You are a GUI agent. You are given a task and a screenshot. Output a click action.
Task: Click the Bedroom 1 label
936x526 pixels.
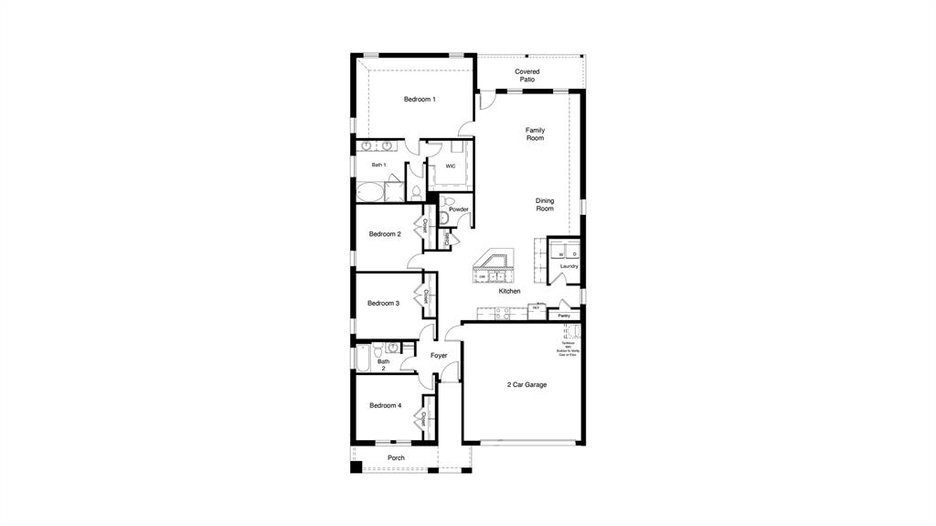click(x=420, y=99)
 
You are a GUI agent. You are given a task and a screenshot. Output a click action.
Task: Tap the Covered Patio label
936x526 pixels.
click(x=526, y=75)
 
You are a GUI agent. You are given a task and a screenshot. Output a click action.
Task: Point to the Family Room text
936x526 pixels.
click(x=535, y=134)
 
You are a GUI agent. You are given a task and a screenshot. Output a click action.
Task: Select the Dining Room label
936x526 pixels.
click(x=545, y=205)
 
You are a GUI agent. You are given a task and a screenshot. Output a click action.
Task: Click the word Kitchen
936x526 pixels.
click(x=509, y=291)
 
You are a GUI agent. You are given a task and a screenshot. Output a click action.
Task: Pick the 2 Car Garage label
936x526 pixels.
click(x=526, y=385)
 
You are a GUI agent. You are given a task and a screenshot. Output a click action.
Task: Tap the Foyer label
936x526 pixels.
click(x=439, y=355)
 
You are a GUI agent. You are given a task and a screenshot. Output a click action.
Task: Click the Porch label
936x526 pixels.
click(x=396, y=457)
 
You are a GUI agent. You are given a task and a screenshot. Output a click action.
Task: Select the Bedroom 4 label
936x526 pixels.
click(x=385, y=405)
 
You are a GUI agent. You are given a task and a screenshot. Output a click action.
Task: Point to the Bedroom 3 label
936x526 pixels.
click(x=383, y=303)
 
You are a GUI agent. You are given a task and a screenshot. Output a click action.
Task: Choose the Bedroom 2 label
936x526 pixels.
click(x=385, y=234)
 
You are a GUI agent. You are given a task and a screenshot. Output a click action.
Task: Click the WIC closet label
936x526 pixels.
click(x=451, y=166)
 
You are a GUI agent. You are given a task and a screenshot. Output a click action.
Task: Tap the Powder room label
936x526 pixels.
click(x=458, y=209)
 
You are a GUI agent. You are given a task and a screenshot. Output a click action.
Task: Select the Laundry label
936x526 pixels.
click(x=569, y=266)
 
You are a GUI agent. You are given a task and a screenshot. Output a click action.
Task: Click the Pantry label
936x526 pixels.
click(x=564, y=316)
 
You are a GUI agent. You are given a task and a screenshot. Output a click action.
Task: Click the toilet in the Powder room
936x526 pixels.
click(x=445, y=216)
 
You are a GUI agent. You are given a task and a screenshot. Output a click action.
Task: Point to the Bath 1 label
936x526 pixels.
click(x=378, y=165)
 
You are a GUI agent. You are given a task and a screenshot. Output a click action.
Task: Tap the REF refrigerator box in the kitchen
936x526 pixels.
click(x=537, y=309)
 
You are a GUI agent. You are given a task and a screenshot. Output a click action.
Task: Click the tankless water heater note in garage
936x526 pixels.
click(x=569, y=349)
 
